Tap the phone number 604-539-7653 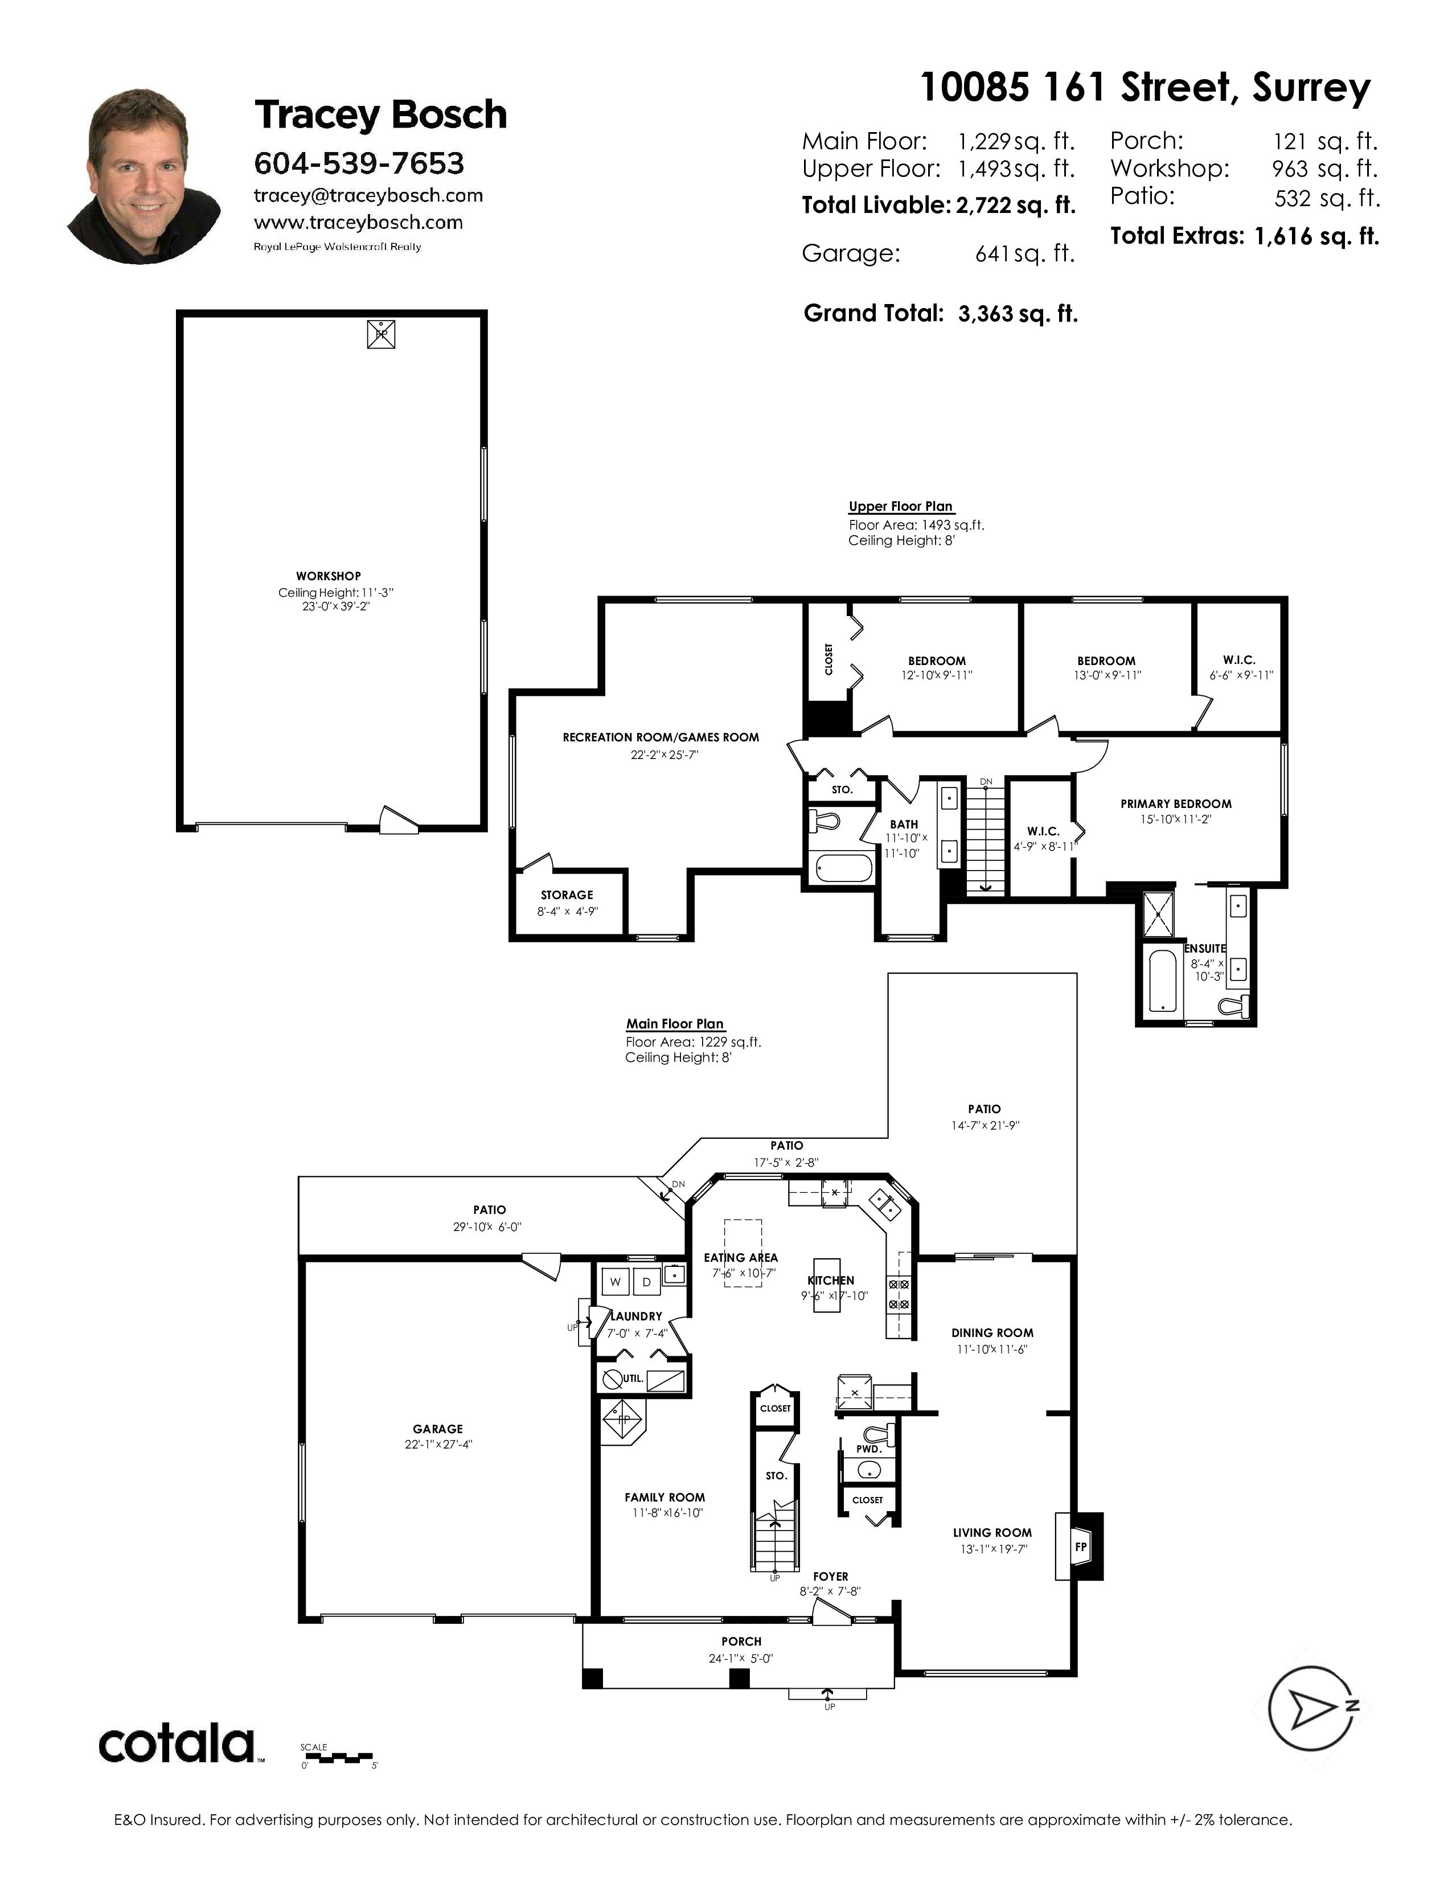point(359,163)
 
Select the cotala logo point(177,1745)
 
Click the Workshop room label point(328,576)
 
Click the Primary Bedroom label point(1176,803)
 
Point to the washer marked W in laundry point(615,1281)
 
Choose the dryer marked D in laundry point(647,1281)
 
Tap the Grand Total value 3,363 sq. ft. point(1018,314)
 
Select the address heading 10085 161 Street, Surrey point(1145,89)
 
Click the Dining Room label point(992,1333)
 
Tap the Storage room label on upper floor point(567,895)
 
